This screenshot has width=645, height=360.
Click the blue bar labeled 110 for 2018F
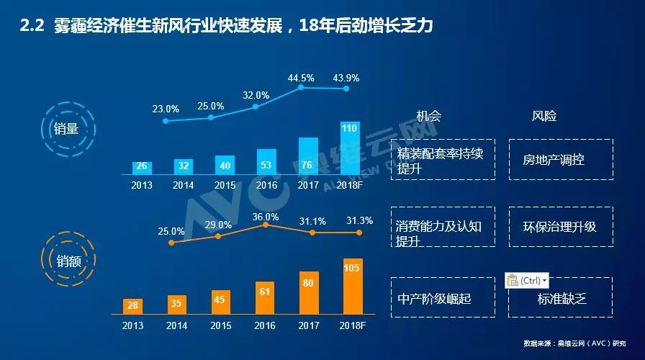[350, 148]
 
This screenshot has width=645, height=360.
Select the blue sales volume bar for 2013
[142, 167]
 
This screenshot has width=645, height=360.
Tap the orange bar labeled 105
[353, 286]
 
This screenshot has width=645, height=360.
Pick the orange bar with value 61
[265, 297]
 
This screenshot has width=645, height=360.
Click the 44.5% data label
[301, 78]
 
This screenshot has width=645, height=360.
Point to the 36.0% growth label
[266, 217]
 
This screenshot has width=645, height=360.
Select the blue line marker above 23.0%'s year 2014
[166, 121]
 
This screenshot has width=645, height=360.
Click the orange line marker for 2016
[266, 225]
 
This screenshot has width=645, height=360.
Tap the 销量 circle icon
[66, 129]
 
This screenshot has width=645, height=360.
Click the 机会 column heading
[429, 116]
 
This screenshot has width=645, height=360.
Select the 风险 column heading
[544, 116]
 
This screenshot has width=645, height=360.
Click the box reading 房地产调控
[554, 159]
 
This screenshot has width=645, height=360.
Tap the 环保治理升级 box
[560, 227]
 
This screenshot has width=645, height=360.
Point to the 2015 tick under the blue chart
[225, 184]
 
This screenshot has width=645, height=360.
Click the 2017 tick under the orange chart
[308, 325]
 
